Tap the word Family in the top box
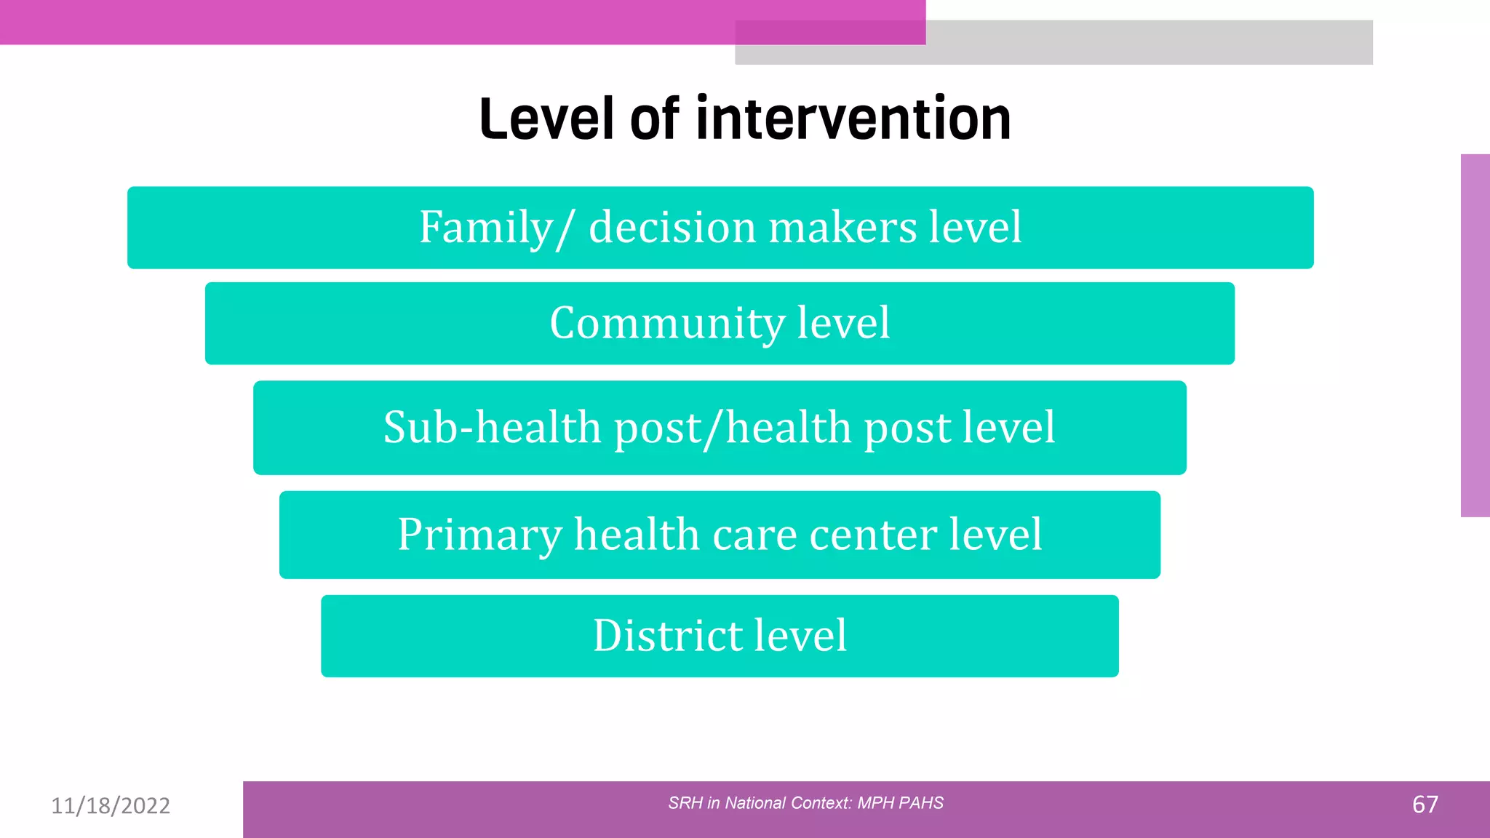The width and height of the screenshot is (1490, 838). pyautogui.click(x=486, y=228)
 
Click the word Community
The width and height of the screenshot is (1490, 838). pyautogui.click(x=667, y=323)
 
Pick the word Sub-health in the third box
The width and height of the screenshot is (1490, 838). pyautogui.click(x=492, y=428)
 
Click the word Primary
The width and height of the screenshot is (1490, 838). pyautogui.click(x=479, y=535)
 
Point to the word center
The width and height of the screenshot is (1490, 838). pyautogui.click(x=874, y=535)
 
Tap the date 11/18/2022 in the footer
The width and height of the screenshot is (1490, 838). pyautogui.click(x=111, y=805)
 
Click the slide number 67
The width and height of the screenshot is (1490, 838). pyautogui.click(x=1425, y=805)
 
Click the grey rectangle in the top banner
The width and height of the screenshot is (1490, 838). pyautogui.click(x=1150, y=44)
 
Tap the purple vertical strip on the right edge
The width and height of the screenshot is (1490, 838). pyautogui.click(x=1475, y=335)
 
